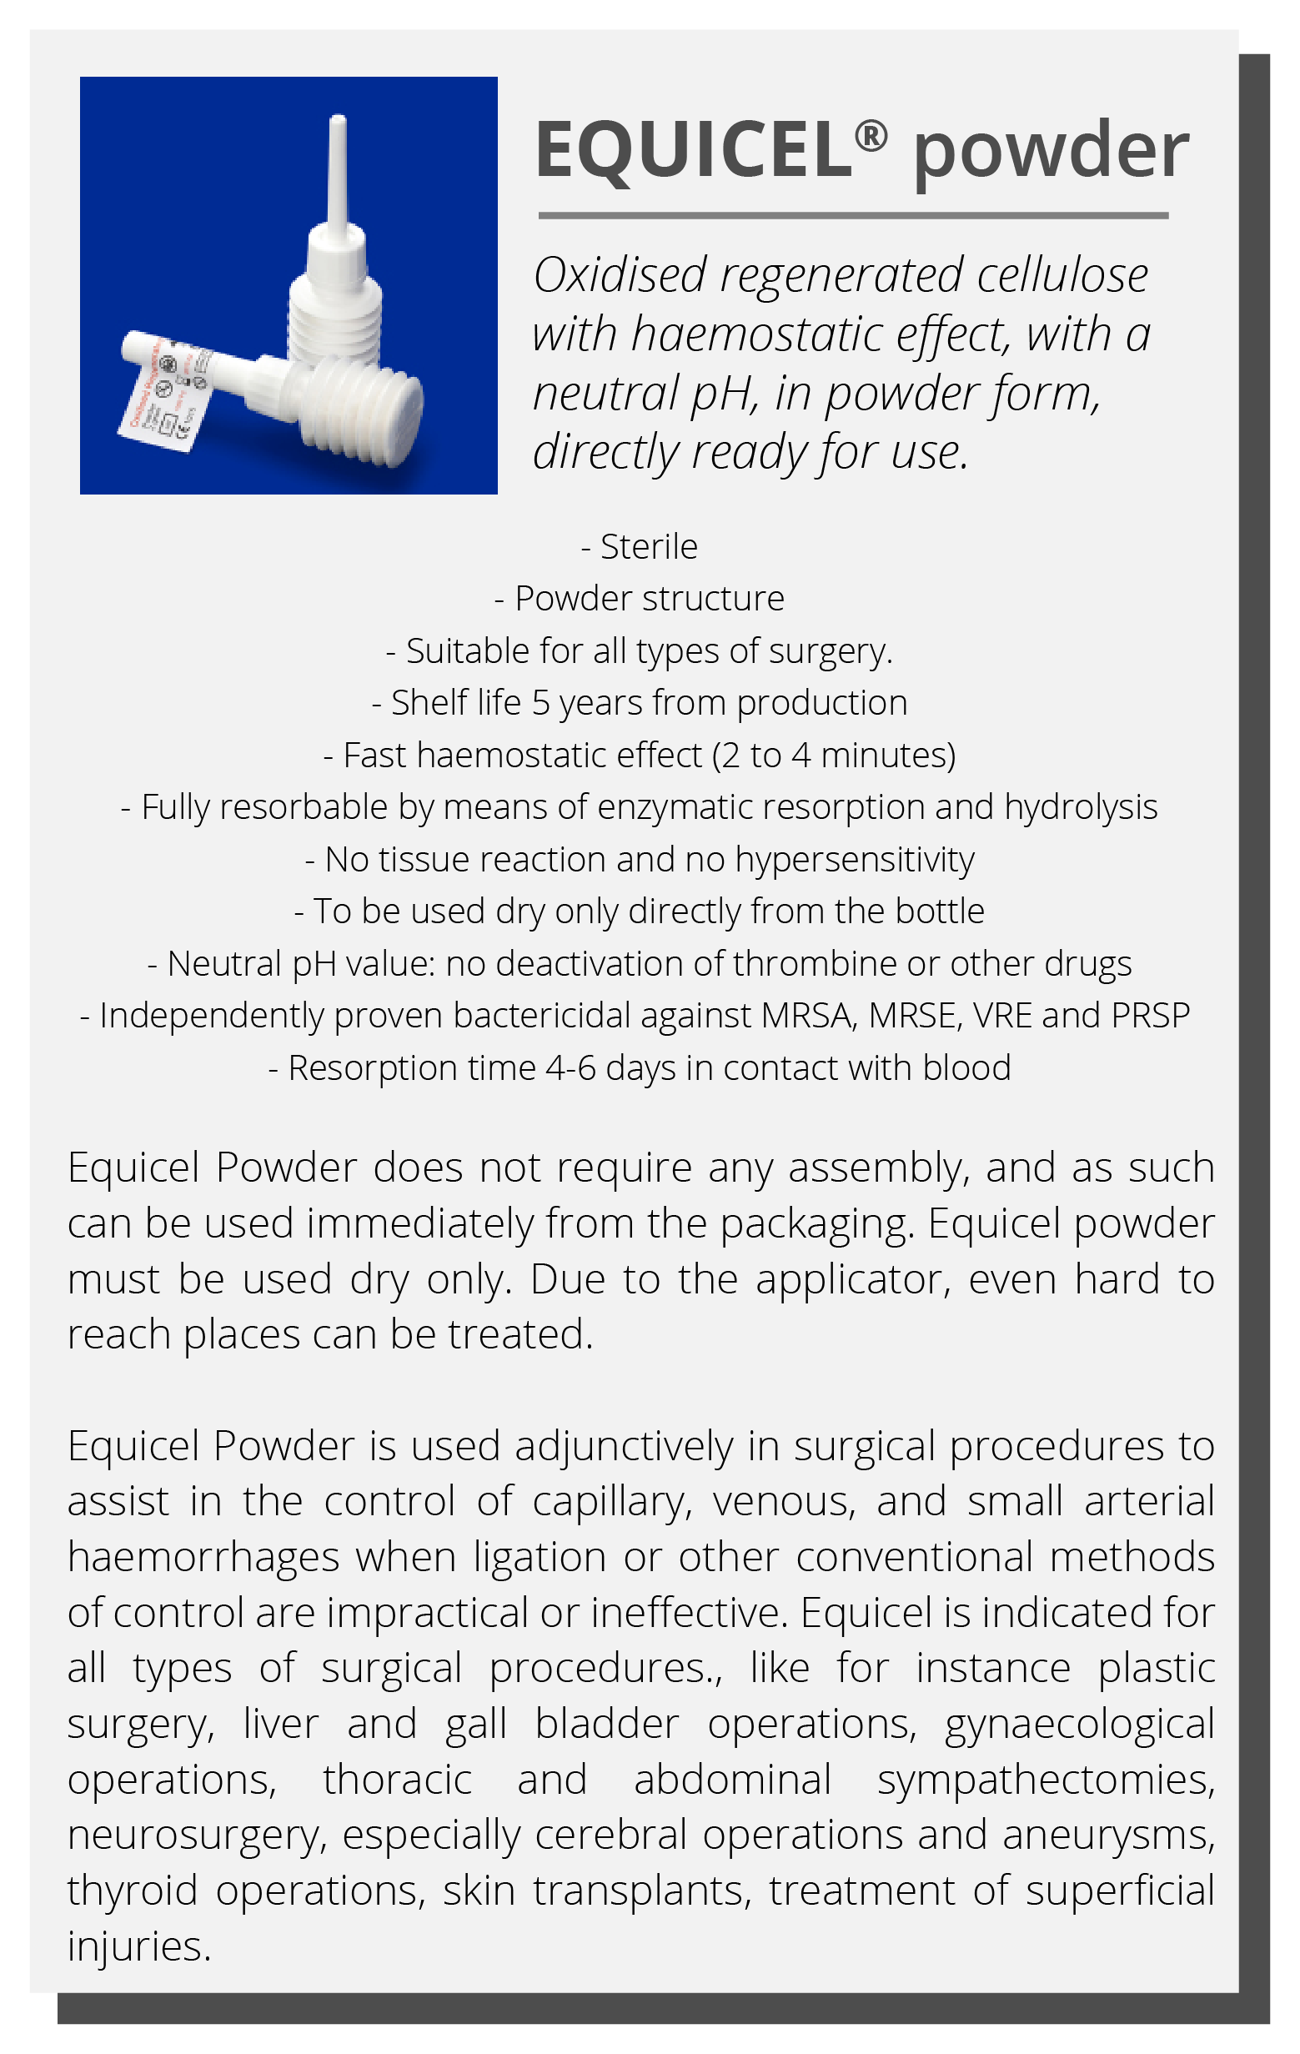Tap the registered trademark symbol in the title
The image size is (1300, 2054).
[870, 136]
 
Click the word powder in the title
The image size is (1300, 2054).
[1050, 152]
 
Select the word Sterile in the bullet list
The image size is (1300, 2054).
[648, 547]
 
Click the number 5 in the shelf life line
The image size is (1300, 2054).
[540, 703]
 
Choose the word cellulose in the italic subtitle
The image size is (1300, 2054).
[1062, 275]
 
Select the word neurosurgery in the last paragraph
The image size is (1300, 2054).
[197, 1836]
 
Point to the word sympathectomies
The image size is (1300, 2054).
[1046, 1780]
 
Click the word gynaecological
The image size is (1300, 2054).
[1079, 1724]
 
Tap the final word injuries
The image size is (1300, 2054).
[138, 1946]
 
